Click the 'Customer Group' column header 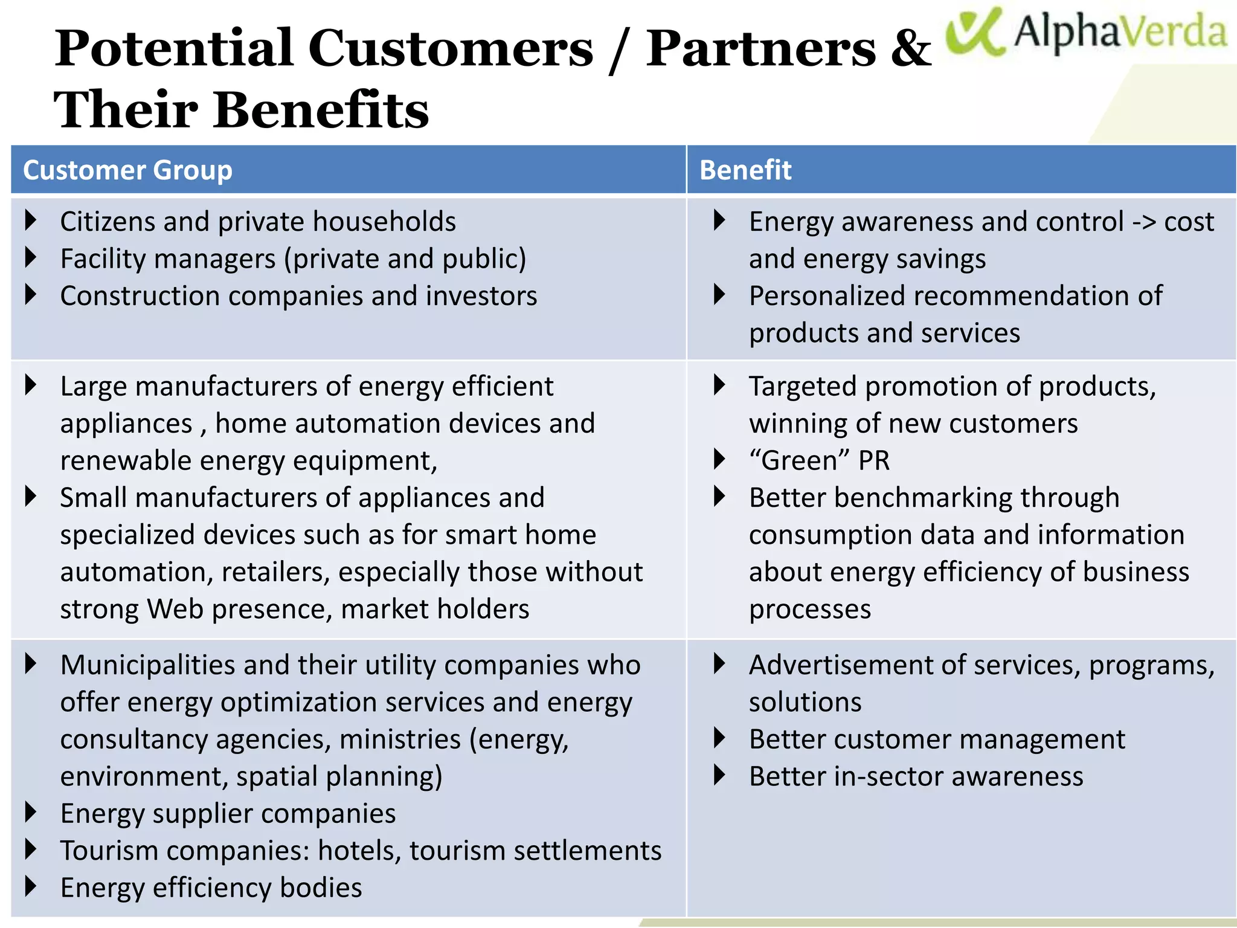pos(127,170)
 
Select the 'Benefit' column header pos(745,170)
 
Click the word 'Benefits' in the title pos(321,111)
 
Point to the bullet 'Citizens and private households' pos(258,222)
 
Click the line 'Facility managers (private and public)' pos(293,259)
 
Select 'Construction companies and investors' pos(298,296)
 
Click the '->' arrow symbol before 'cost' pos(1143,222)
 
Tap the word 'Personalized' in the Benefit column pos(827,296)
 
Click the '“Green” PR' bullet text pos(819,460)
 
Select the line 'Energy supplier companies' pos(228,814)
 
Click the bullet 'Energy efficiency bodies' pos(211,888)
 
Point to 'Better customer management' pos(937,739)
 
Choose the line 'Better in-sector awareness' pos(916,776)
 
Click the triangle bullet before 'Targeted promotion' pos(719,385)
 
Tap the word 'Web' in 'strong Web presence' pos(175,609)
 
